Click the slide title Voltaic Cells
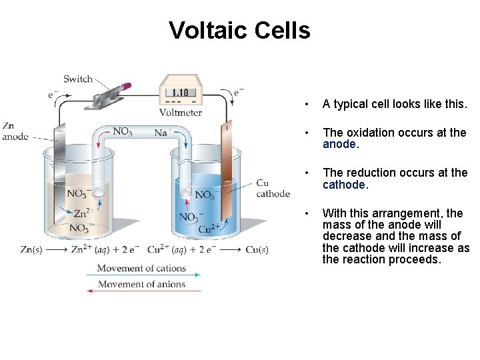point(239,30)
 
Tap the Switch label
point(78,79)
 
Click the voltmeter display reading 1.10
point(179,93)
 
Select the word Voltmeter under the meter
point(180,112)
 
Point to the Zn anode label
point(14,131)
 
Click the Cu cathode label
point(273,188)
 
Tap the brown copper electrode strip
point(227,173)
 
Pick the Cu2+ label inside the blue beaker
point(210,229)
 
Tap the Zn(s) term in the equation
point(33,250)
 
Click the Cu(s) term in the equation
point(256,250)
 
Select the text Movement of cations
point(141,268)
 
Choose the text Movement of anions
point(141,284)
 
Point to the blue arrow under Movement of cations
point(143,275)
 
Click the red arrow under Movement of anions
point(143,291)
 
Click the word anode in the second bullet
point(339,144)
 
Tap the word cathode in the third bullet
point(344,185)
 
